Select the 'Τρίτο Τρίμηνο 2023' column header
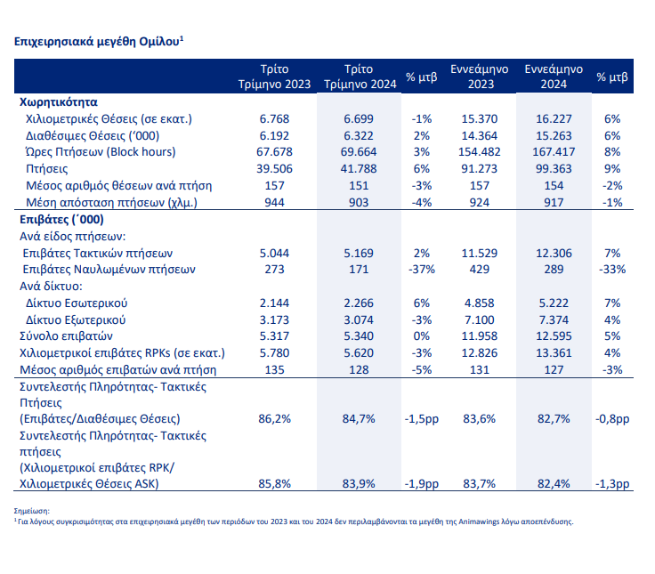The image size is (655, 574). (274, 77)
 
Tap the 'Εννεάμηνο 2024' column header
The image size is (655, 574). (554, 77)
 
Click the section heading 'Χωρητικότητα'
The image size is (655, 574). (59, 102)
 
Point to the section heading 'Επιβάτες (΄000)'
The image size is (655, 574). (61, 219)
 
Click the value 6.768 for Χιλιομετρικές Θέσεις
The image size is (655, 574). (274, 118)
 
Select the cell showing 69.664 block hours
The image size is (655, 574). (359, 151)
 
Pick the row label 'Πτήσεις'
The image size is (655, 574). (47, 169)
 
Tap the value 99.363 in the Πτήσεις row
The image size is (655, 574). (554, 169)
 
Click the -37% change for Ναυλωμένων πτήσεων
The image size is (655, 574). (422, 269)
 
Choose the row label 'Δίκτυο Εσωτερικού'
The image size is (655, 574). (77, 303)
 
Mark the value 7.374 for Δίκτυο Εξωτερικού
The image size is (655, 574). (554, 320)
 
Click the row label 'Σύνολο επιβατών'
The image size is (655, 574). (66, 336)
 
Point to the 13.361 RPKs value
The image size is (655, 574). (554, 353)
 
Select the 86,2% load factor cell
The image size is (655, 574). (274, 418)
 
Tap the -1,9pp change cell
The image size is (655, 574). (422, 484)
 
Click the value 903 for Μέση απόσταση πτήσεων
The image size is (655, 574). (359, 203)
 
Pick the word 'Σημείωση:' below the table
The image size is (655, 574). (32, 511)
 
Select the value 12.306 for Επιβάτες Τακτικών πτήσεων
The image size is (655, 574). (554, 253)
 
